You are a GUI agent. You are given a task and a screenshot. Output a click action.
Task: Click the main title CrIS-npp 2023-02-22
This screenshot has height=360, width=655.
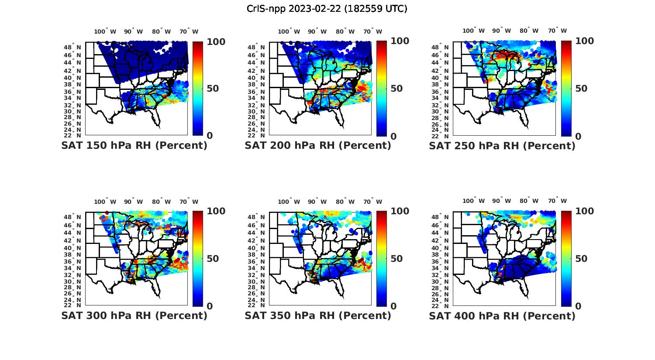[327, 9]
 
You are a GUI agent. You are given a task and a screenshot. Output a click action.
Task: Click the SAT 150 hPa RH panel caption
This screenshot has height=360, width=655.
[134, 146]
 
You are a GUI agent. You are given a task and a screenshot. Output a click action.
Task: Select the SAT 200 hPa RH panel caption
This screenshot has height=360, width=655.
[318, 146]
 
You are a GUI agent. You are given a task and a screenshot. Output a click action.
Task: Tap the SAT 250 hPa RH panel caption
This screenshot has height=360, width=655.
[502, 146]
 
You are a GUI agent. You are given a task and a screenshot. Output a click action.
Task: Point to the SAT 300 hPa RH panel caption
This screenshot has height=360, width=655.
[134, 315]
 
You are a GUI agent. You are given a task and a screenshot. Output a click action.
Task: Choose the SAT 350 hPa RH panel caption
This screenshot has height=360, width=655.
[318, 315]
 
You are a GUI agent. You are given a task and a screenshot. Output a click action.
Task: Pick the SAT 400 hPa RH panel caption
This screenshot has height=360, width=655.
[502, 315]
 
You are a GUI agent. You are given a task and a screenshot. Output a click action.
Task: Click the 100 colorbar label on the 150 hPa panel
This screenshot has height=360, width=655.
[203, 42]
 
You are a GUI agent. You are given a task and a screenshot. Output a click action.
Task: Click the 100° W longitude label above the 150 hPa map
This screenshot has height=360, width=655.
[105, 31]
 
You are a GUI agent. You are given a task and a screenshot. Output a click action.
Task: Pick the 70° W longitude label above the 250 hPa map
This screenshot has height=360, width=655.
[557, 31]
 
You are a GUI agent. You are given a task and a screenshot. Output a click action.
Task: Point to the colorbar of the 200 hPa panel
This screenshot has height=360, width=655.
[382, 89]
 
